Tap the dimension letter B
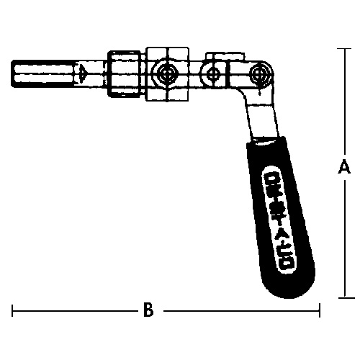148,311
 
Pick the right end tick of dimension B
320,311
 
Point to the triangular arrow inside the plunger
84,73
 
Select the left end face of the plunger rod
14,73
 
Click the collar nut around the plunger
126,73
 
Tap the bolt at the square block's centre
167,73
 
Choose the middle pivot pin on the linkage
212,73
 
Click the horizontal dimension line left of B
72,311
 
